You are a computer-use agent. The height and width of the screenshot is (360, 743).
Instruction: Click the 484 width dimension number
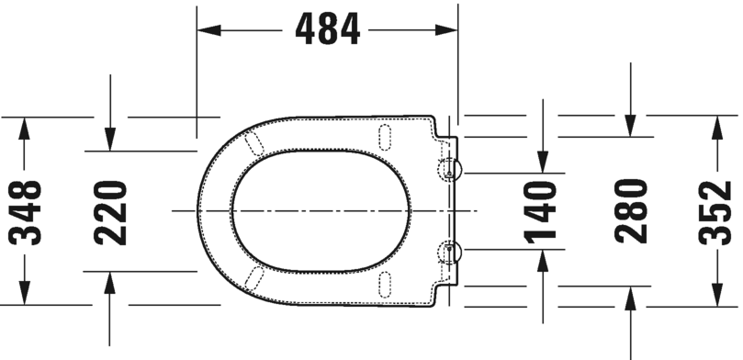tap(327, 30)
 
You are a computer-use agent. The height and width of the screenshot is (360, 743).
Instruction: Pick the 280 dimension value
tap(631, 211)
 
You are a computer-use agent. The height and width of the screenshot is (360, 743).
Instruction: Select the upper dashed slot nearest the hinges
tap(383, 136)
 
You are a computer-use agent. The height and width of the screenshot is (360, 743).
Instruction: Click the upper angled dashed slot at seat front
tap(254, 141)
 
